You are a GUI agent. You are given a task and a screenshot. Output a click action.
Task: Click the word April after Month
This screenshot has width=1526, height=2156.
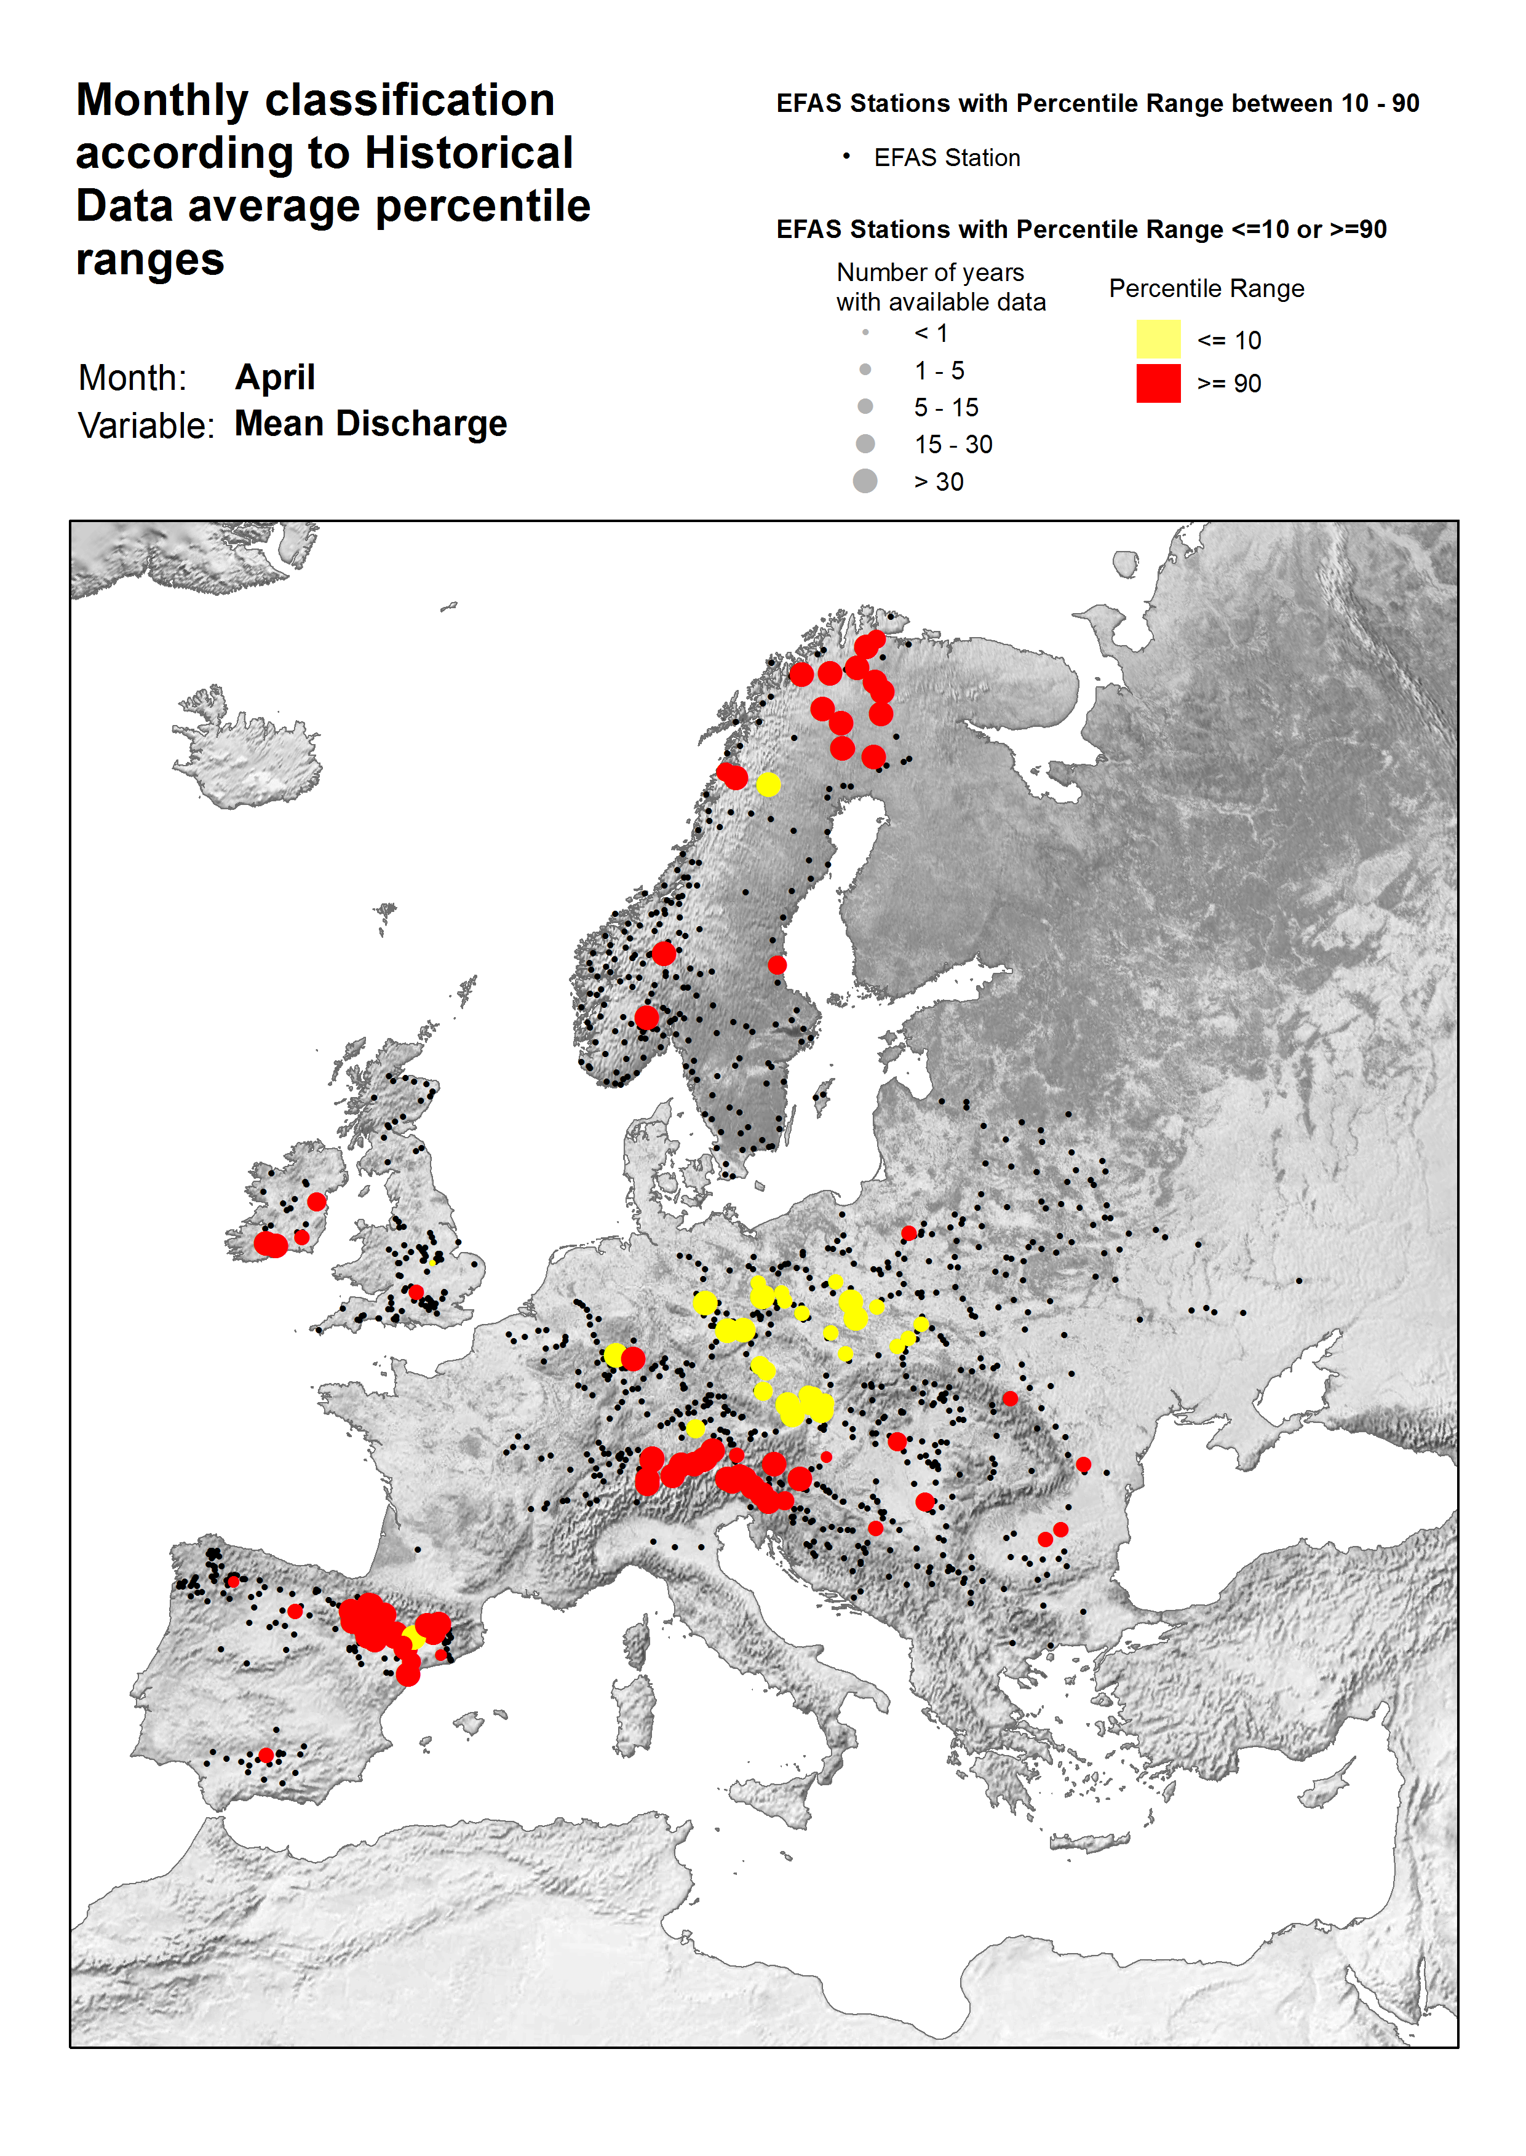(x=274, y=377)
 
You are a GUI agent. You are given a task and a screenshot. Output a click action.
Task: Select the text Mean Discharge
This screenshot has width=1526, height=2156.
(x=370, y=424)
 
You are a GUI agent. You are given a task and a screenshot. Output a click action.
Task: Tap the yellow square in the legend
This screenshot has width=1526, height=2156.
(x=1158, y=339)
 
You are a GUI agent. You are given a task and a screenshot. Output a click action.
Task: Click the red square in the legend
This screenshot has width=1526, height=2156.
(x=1158, y=383)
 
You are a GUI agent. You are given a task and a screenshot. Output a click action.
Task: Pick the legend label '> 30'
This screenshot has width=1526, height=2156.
(x=938, y=482)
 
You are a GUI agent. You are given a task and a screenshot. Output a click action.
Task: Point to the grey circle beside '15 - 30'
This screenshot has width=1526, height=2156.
(x=865, y=443)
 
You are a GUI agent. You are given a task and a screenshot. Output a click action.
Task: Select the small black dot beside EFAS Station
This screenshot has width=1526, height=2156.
(x=846, y=157)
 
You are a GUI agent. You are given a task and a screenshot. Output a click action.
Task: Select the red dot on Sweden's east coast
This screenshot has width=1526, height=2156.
(x=777, y=965)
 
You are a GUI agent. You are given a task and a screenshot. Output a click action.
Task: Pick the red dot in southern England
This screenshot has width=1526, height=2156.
(x=416, y=1293)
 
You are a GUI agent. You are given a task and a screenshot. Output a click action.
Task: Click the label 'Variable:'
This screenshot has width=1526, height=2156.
(x=146, y=426)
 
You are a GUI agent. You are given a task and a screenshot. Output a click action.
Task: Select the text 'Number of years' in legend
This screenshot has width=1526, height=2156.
(x=929, y=272)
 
